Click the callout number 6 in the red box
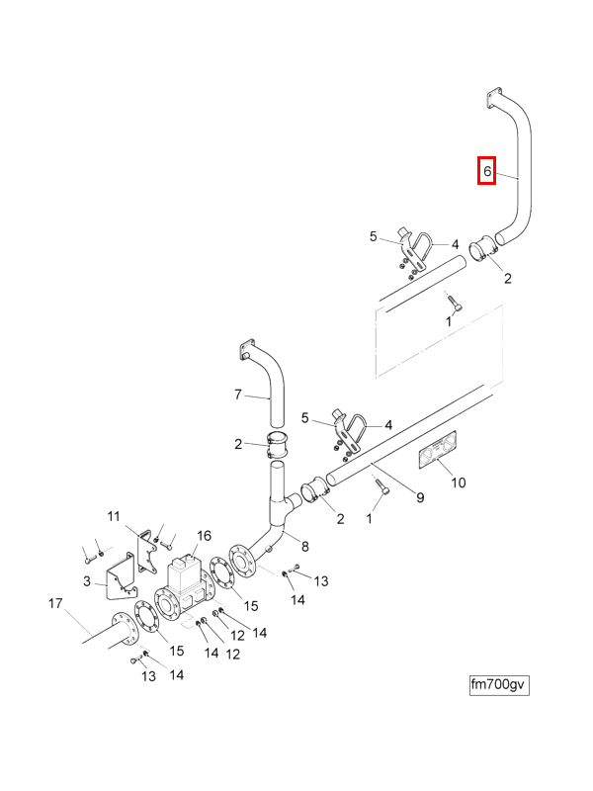(487, 172)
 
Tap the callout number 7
(237, 395)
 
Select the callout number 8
(304, 546)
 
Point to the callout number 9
(420, 497)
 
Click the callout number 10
(458, 483)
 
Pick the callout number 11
(113, 516)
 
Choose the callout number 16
(204, 536)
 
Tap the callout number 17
(55, 602)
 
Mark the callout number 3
(87, 581)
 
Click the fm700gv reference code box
(499, 684)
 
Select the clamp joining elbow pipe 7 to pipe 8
(278, 443)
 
